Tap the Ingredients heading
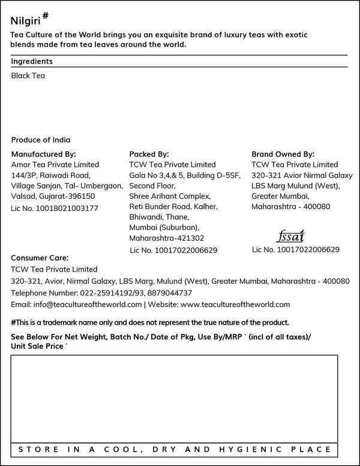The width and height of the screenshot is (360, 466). (32, 61)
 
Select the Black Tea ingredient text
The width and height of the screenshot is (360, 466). (28, 76)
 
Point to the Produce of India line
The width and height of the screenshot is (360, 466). (41, 139)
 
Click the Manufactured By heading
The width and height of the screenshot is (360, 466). (44, 154)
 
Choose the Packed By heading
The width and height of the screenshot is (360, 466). (149, 154)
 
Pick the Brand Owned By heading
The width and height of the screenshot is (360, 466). (283, 154)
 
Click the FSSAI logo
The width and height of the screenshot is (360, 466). (292, 235)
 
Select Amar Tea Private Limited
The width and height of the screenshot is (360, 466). (55, 165)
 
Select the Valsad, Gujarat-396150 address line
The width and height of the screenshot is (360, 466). (53, 196)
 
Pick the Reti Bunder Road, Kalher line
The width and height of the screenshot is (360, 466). (173, 207)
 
